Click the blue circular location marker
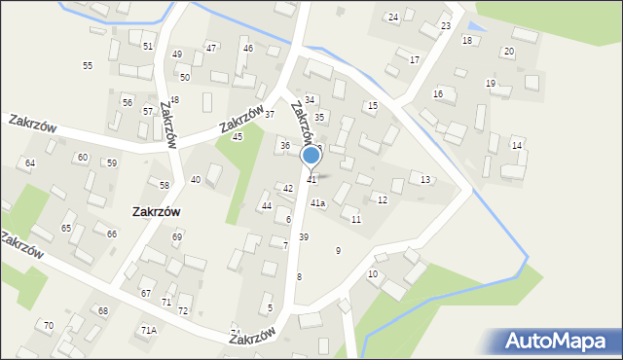tap(311, 156)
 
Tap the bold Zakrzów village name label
tap(156, 211)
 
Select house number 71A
tap(148, 331)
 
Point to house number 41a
tap(317, 203)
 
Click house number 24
tap(393, 18)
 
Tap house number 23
tap(446, 25)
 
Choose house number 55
tap(88, 65)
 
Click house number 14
tap(517, 146)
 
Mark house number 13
tap(424, 180)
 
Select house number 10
tap(373, 274)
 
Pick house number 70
tap(49, 325)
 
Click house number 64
tap(30, 162)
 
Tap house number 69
tap(177, 237)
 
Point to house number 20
tap(508, 51)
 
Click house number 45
tap(238, 136)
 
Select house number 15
tap(372, 105)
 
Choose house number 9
tap(338, 251)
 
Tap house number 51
tap(148, 46)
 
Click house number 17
tap(414, 60)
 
